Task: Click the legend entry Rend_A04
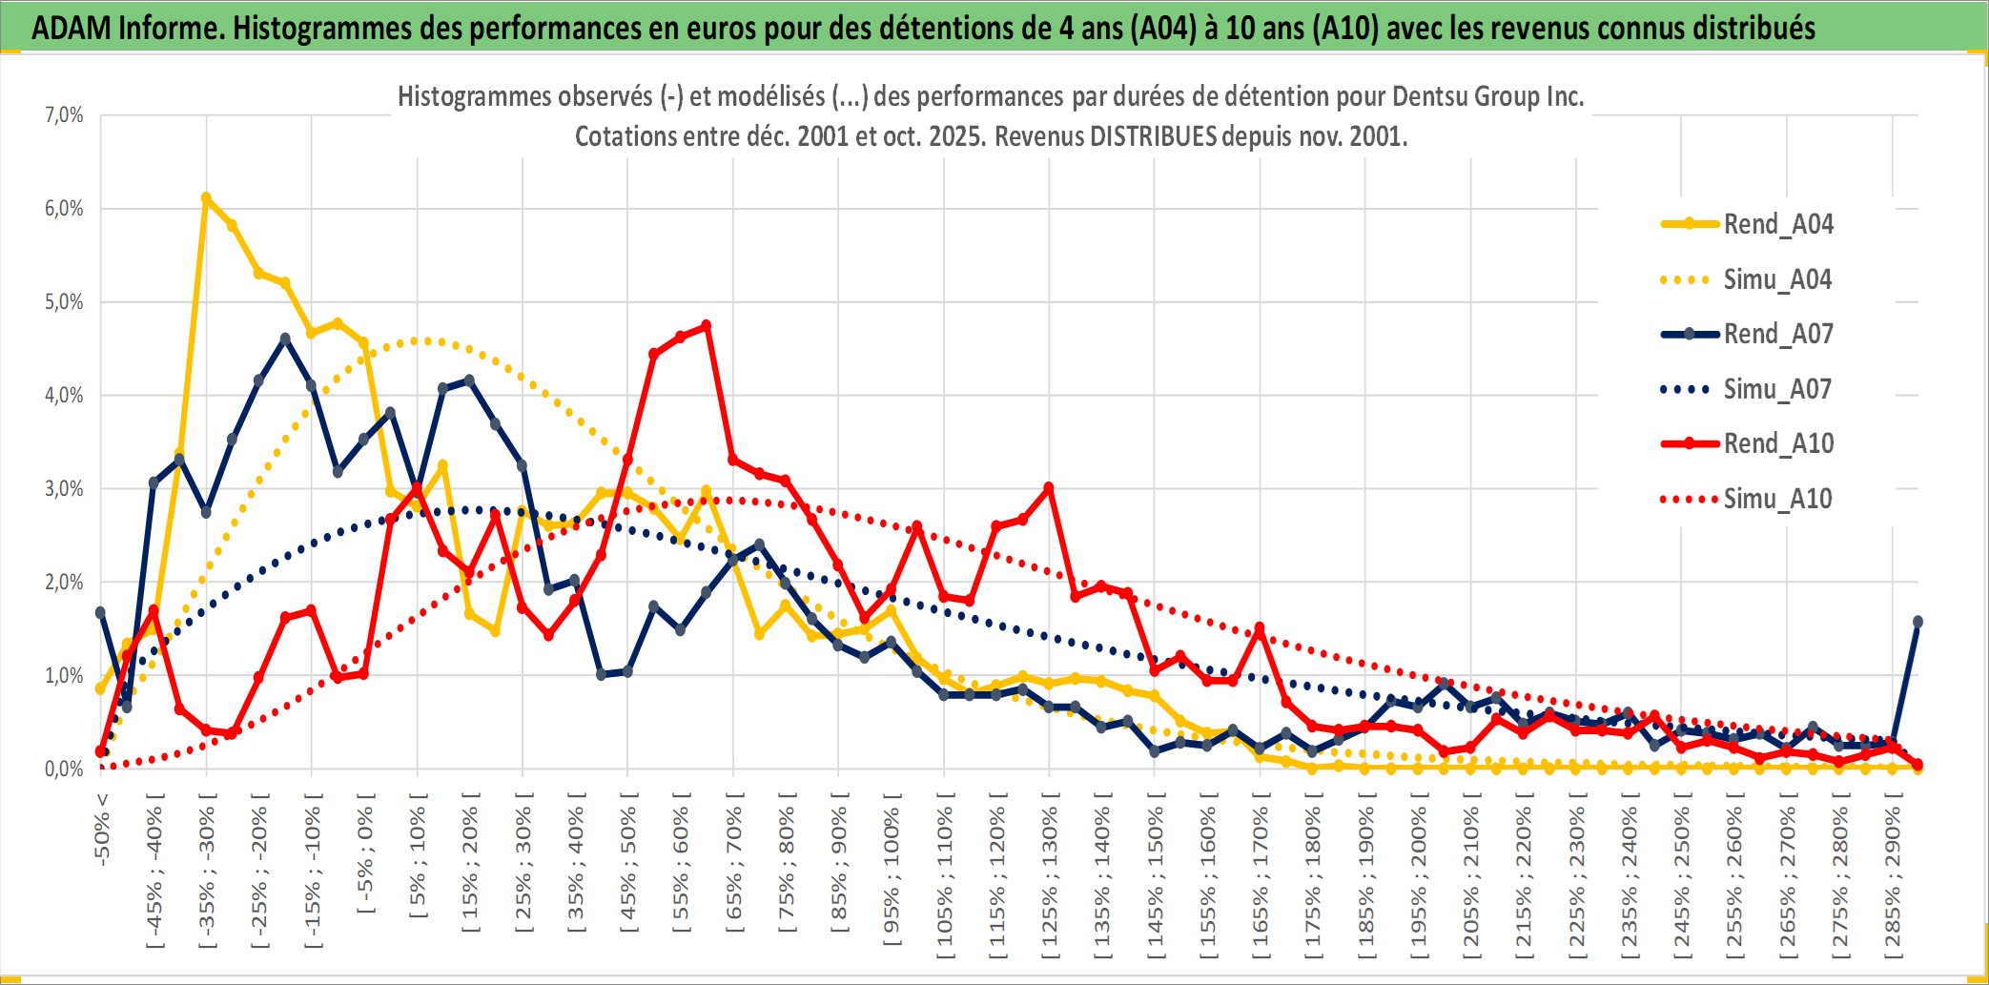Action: [x=1777, y=224]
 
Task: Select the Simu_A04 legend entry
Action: [x=1777, y=279]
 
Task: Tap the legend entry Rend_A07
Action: [x=1777, y=334]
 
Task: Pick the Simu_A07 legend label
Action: [x=1777, y=389]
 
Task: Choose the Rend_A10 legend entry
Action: [x=1777, y=443]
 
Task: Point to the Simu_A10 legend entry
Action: [x=1777, y=499]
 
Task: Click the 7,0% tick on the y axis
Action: [x=64, y=115]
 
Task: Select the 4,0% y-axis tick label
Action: [x=64, y=395]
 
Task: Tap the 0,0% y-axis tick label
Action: [x=64, y=769]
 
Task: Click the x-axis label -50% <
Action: [x=102, y=828]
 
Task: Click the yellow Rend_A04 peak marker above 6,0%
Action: [x=206, y=198]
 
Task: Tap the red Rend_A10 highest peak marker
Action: [x=706, y=326]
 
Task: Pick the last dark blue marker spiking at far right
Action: [x=1917, y=622]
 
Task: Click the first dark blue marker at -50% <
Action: [x=100, y=612]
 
